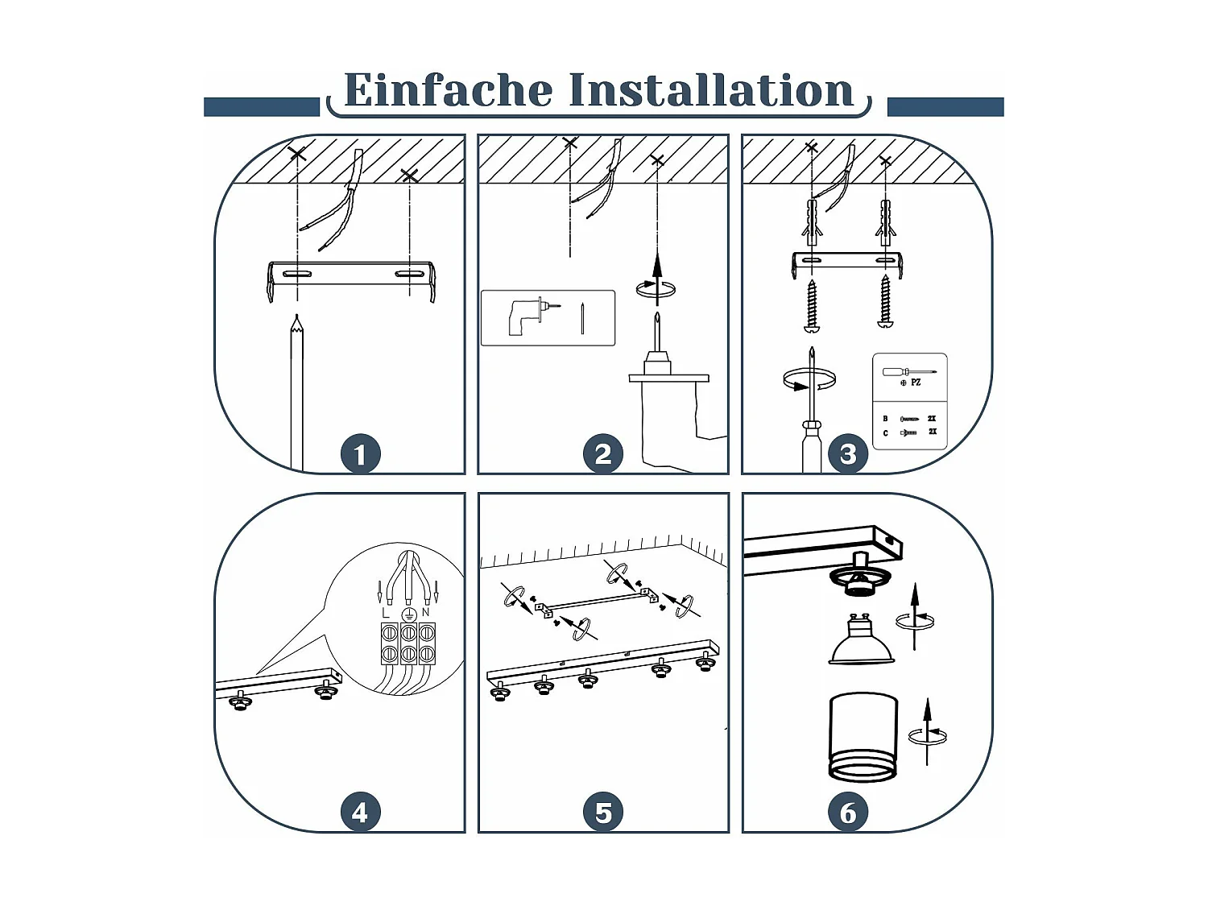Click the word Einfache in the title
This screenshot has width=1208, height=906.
[448, 89]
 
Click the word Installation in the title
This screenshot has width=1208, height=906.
[711, 89]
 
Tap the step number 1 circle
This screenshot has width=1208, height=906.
[361, 454]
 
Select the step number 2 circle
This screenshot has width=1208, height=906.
[603, 454]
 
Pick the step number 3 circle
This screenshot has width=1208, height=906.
[848, 454]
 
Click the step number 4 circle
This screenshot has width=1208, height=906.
[361, 812]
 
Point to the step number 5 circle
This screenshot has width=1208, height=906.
[603, 812]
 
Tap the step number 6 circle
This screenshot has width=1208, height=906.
[848, 812]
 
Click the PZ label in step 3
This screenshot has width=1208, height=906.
[916, 383]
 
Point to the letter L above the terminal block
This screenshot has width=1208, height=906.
[386, 613]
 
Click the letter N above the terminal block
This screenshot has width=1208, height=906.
[425, 612]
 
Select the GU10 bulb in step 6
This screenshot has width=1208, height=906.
[861, 639]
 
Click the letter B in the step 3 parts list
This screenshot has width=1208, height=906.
[886, 419]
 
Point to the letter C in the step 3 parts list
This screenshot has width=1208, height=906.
[886, 433]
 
